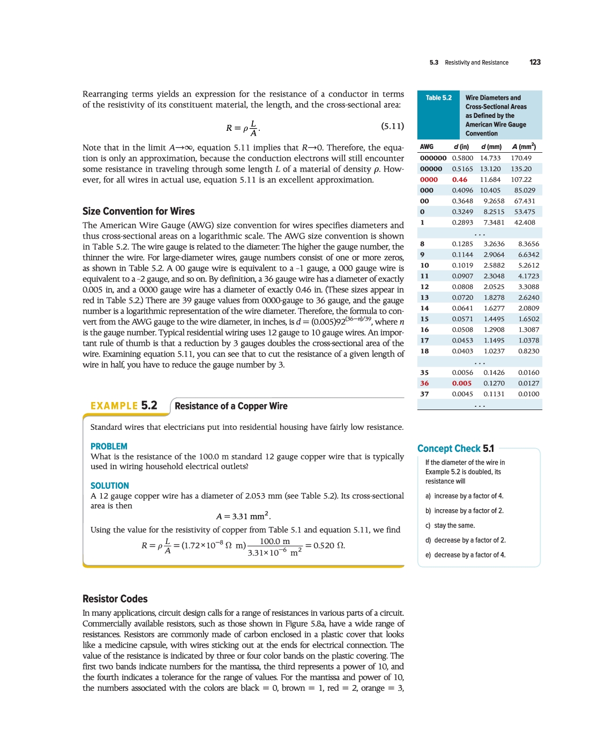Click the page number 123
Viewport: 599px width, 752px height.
(x=535, y=62)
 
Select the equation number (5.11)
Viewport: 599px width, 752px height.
(x=392, y=126)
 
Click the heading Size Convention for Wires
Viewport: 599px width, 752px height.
(x=138, y=211)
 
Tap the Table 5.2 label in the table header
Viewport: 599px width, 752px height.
(x=438, y=98)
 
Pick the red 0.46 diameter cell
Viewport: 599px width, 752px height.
(x=459, y=180)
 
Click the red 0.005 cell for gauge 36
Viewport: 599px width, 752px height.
(x=461, y=383)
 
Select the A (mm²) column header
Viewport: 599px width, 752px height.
(x=523, y=146)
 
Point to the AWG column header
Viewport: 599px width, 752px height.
(x=426, y=146)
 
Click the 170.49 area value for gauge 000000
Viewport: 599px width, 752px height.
(x=521, y=158)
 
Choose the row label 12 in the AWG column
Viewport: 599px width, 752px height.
(x=424, y=287)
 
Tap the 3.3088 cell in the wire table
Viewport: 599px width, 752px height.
(x=528, y=287)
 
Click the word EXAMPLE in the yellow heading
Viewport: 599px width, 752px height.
(x=114, y=406)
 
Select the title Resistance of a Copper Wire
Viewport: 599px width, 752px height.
(x=231, y=406)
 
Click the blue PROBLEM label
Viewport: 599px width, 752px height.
(x=109, y=446)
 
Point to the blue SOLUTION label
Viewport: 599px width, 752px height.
(x=109, y=486)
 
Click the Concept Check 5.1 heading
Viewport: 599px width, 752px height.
(x=455, y=449)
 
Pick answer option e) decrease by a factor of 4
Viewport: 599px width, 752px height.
(x=465, y=555)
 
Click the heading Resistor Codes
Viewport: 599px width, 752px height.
(x=115, y=599)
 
